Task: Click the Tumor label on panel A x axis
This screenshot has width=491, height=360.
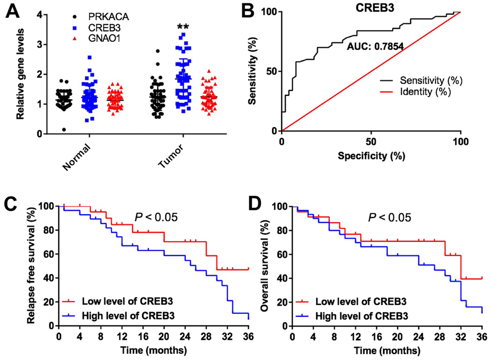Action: (171, 158)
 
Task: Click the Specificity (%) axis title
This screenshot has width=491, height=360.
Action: (371, 156)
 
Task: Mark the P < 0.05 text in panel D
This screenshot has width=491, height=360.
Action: (390, 218)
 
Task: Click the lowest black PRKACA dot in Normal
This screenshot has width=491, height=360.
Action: (64, 129)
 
